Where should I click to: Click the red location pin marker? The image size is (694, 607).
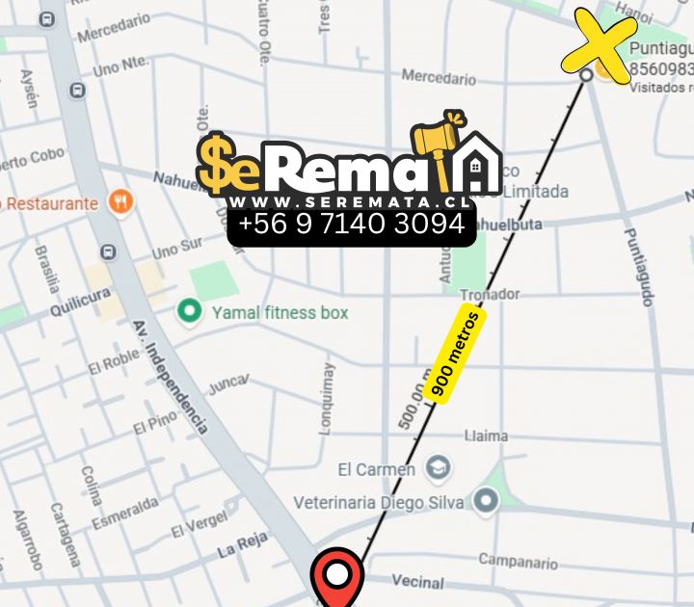tap(336, 577)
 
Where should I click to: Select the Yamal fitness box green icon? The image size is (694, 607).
tap(190, 311)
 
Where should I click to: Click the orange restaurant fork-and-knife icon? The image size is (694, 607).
tap(121, 202)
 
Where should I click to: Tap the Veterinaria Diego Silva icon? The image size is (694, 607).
tap(486, 500)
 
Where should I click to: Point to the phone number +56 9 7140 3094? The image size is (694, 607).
tap(352, 224)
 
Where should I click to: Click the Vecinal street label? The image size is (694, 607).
tap(418, 581)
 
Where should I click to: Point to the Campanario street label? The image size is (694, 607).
tap(518, 561)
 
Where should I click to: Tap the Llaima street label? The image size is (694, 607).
tap(486, 435)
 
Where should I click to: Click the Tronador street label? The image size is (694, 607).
tap(490, 294)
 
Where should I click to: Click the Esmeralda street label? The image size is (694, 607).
tap(125, 513)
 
